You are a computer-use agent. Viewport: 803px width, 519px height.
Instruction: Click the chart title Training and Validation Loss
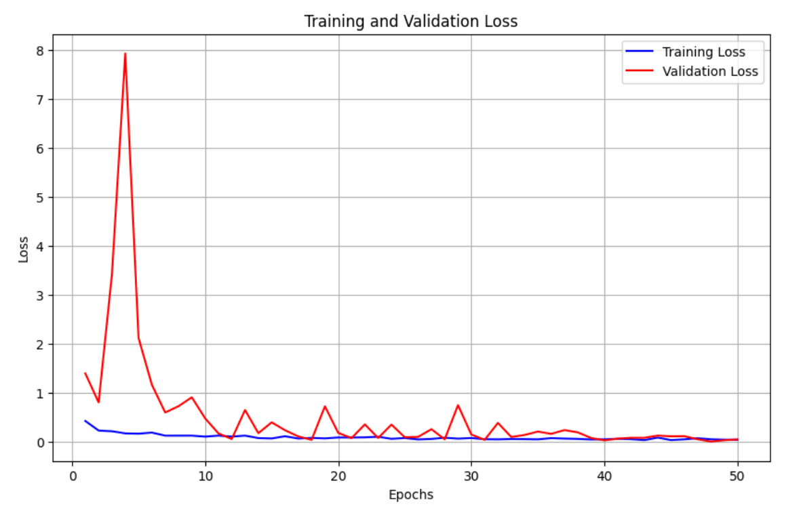coord(410,22)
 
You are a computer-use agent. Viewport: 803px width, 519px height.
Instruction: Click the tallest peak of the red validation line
coord(125,54)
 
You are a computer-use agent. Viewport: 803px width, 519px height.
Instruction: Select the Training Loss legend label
coord(703,52)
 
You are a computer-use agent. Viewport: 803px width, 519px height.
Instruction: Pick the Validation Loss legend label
coord(709,71)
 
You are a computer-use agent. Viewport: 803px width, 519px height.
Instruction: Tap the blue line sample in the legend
coord(640,52)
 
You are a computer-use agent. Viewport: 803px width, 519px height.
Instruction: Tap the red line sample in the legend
coord(640,71)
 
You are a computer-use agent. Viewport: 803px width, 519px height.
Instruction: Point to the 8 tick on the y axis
coord(41,51)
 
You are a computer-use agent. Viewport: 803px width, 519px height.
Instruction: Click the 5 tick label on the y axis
coord(41,198)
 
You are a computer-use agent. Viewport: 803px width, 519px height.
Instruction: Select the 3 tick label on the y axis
coord(41,295)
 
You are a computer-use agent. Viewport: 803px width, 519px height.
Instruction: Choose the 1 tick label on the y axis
coord(41,394)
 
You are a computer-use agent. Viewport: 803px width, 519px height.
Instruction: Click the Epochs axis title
coord(410,495)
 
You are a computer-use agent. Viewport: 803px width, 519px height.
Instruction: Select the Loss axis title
coord(24,249)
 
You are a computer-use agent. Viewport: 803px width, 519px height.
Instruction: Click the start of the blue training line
coord(85,421)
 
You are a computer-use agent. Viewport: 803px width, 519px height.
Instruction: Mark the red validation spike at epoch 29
coord(458,405)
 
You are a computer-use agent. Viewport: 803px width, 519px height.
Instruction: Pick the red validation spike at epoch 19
coord(325,407)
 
